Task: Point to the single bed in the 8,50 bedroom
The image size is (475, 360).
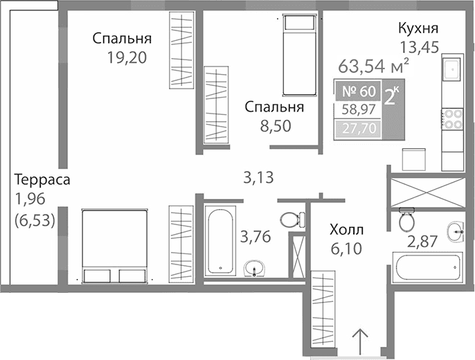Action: click(298, 55)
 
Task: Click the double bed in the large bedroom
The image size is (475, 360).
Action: click(116, 246)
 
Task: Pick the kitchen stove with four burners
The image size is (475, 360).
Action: click(452, 119)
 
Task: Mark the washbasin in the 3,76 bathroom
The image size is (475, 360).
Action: click(256, 267)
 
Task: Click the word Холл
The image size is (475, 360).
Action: click(347, 229)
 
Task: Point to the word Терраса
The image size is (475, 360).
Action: click(42, 180)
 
